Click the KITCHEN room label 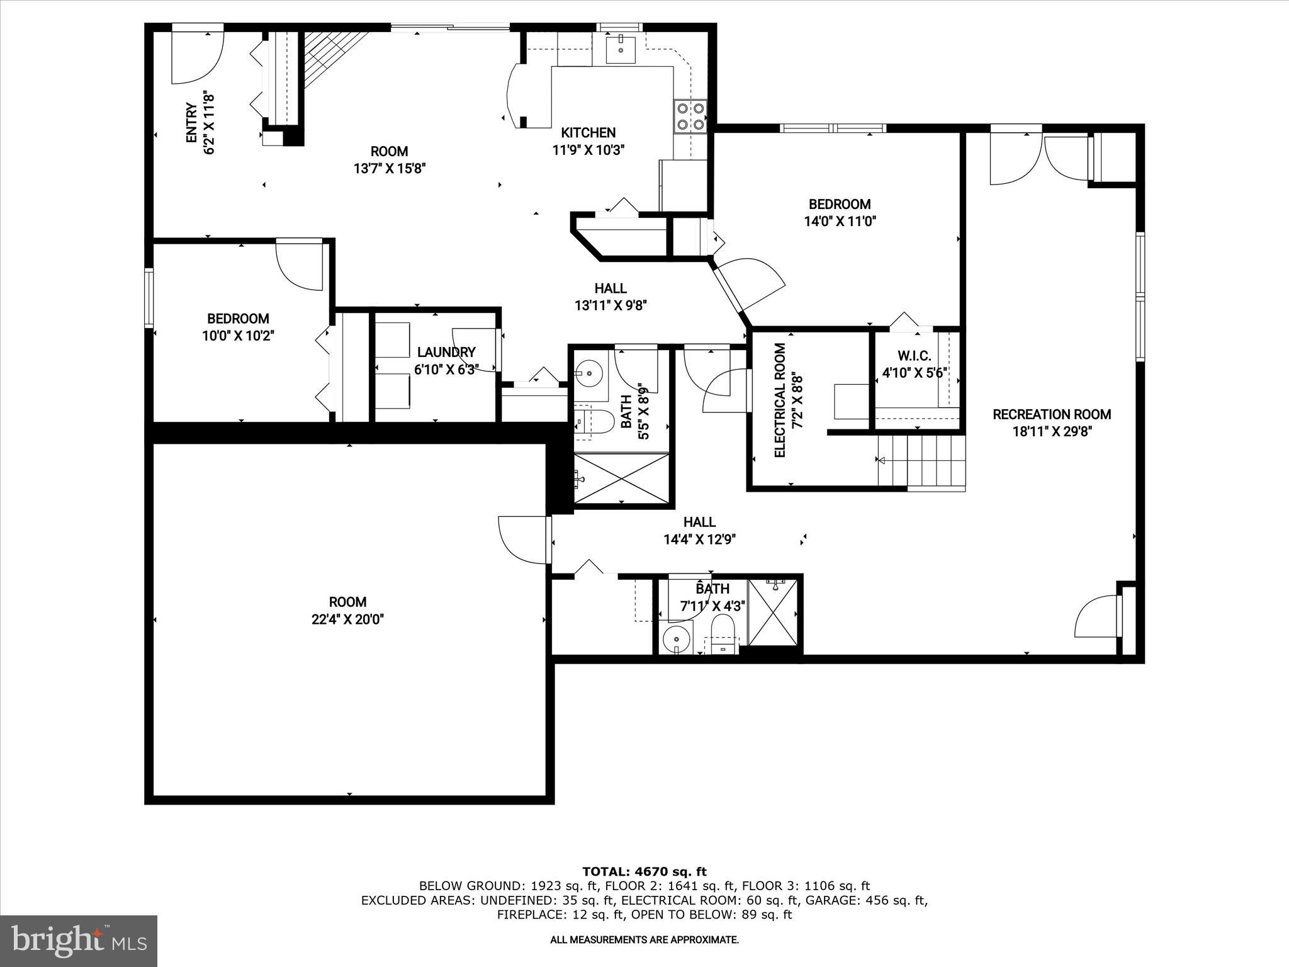click(588, 133)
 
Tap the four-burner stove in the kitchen click(690, 116)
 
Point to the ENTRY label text click(192, 123)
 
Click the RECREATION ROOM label click(1052, 414)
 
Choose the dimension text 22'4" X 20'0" click(347, 619)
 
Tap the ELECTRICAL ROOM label click(780, 400)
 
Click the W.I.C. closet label click(915, 356)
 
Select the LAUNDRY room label click(446, 352)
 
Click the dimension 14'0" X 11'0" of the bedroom click(840, 222)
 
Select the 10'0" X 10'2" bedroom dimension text click(238, 336)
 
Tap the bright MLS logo click(79, 941)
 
